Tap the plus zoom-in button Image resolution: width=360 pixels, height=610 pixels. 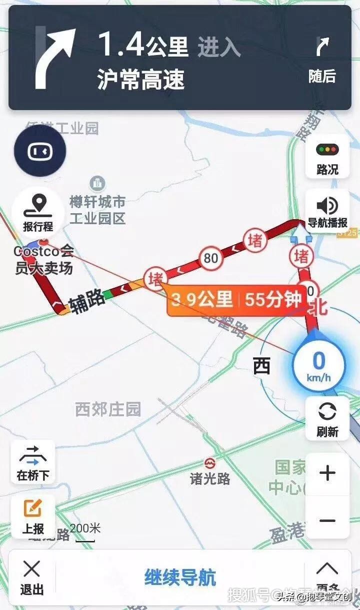click(327, 473)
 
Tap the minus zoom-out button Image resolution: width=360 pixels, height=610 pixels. click(327, 520)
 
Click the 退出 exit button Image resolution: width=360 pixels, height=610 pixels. click(32, 577)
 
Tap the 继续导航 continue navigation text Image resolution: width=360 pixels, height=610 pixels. click(180, 577)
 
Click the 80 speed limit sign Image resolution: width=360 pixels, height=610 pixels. click(211, 258)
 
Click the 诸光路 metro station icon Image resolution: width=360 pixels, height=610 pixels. click(210, 462)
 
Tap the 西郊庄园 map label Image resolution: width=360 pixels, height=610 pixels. click(108, 409)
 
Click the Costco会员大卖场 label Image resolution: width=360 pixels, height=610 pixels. click(43, 259)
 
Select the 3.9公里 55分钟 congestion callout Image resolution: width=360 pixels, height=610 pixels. click(236, 300)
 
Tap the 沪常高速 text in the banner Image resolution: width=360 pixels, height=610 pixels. click(141, 80)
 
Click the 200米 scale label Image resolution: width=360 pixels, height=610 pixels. click(85, 528)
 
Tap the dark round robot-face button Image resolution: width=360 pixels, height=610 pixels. click(40, 152)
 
